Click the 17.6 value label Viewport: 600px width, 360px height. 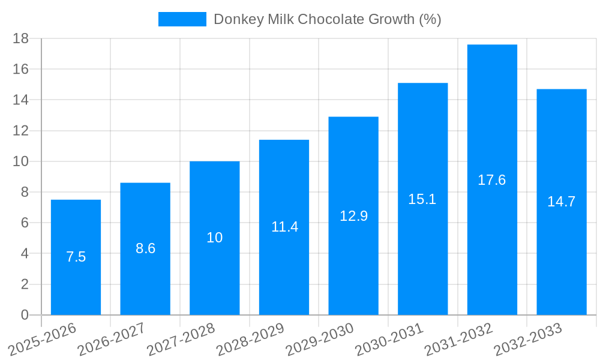pyautogui.click(x=492, y=180)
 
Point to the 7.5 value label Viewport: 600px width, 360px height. pyautogui.click(x=76, y=257)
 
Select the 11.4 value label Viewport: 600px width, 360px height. pyautogui.click(x=284, y=227)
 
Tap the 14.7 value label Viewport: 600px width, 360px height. pyautogui.click(x=561, y=202)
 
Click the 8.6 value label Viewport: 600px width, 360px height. pyautogui.click(x=145, y=249)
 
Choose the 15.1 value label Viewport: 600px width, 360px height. pyautogui.click(x=422, y=200)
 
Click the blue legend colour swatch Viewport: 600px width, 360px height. pyautogui.click(x=182, y=19)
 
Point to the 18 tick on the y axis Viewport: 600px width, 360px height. pyautogui.click(x=21, y=38)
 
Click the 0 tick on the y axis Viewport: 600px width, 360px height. pyautogui.click(x=25, y=315)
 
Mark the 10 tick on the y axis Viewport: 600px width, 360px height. pyautogui.click(x=21, y=161)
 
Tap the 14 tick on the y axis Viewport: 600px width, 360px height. pyautogui.click(x=21, y=100)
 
